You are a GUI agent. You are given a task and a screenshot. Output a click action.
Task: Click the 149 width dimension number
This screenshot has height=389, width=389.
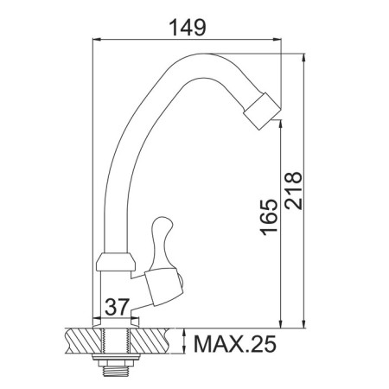(x=188, y=28)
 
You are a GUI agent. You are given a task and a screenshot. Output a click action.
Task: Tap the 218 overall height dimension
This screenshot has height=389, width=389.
(x=294, y=191)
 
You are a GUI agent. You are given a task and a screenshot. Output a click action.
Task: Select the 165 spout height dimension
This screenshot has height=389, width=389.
(x=269, y=217)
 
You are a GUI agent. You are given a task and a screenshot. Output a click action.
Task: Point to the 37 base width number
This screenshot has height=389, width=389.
(x=117, y=307)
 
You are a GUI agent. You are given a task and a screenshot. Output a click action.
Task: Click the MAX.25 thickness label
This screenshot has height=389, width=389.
(x=235, y=344)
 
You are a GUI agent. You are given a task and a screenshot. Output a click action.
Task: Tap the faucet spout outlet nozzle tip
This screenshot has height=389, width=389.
(x=262, y=112)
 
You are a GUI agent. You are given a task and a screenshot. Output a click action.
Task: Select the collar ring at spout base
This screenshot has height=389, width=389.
(x=116, y=262)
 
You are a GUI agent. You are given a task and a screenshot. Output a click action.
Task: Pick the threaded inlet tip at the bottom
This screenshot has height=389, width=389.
(x=115, y=371)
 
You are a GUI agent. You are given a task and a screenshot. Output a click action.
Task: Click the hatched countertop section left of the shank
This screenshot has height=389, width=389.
(x=84, y=341)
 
